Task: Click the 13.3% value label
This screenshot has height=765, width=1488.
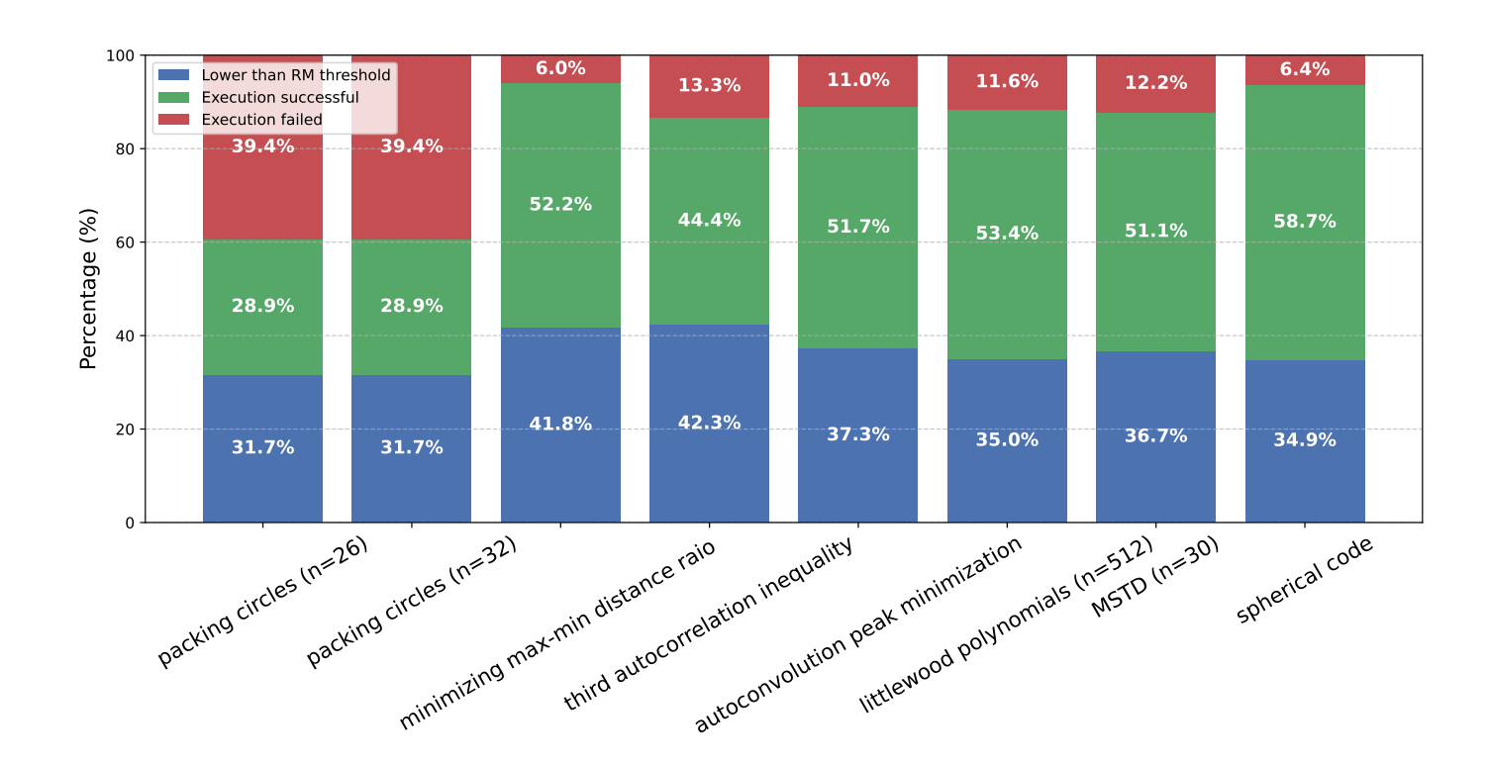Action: point(709,85)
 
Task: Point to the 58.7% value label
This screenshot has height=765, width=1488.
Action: point(1305,222)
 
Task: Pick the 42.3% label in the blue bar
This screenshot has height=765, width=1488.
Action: point(709,423)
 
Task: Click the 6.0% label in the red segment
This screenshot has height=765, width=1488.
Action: point(560,68)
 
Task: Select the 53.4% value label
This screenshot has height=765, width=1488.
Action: point(1007,234)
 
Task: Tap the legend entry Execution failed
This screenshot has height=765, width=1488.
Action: point(261,120)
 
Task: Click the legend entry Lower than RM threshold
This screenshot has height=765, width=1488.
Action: point(295,75)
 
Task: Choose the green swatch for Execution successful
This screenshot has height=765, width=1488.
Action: point(173,97)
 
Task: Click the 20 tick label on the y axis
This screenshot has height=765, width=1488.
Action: point(127,430)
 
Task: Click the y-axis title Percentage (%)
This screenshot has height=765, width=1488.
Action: point(89,289)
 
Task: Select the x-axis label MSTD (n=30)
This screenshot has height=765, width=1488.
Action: point(1154,578)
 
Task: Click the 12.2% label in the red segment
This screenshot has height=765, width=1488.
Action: point(1155,83)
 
